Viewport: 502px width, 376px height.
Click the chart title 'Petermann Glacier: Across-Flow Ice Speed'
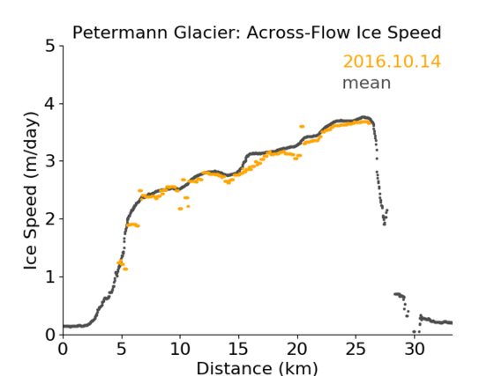click(257, 33)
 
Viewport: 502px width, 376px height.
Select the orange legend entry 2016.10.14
click(392, 62)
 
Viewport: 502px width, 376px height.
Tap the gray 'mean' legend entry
click(367, 83)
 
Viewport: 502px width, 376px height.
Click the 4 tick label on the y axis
click(50, 104)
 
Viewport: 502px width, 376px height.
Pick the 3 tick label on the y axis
click(50, 161)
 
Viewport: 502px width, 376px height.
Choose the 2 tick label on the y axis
click(50, 219)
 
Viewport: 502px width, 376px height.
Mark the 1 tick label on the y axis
click(50, 277)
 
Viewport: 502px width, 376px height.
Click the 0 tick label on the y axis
click(50, 335)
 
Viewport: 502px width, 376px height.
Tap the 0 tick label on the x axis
click(63, 349)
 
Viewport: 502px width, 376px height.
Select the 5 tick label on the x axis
click(122, 349)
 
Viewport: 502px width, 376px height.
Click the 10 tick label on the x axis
click(180, 349)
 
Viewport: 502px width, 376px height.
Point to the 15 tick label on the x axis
click(238, 349)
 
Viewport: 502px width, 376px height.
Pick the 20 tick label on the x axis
click(297, 349)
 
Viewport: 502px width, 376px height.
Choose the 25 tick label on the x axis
click(356, 349)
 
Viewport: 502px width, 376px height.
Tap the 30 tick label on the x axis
click(415, 349)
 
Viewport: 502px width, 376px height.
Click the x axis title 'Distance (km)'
click(257, 368)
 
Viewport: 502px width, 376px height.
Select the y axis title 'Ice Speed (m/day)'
click(31, 191)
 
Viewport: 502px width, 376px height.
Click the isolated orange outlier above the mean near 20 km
click(302, 127)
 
